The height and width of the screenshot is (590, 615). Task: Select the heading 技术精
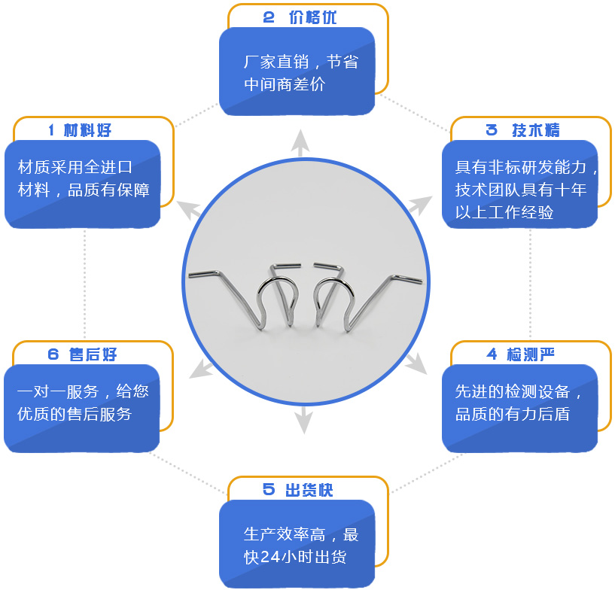tap(536, 129)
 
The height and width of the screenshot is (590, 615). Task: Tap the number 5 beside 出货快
tap(269, 490)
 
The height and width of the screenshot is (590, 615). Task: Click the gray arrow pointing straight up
tap(301, 142)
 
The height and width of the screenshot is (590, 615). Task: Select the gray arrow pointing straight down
tap(303, 420)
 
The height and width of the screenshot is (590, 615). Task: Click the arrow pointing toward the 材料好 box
tap(189, 208)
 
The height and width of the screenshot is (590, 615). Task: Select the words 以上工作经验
tap(504, 213)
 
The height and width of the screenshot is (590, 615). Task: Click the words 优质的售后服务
tap(74, 414)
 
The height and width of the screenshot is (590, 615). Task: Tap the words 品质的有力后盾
tap(512, 414)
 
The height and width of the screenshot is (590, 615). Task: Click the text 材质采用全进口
tap(75, 167)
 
